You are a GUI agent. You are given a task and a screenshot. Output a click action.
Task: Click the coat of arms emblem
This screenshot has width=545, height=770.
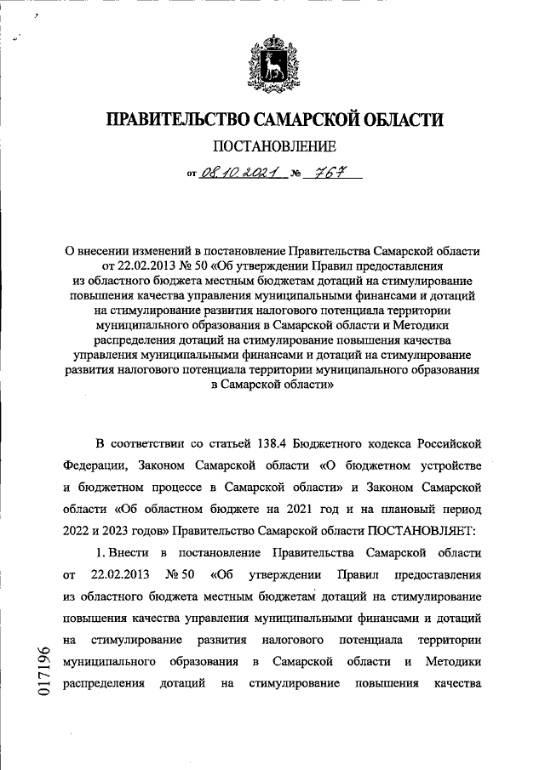pyautogui.click(x=272, y=60)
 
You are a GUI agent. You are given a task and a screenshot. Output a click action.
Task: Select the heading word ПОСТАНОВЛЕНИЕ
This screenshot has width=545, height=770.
pyautogui.click(x=272, y=146)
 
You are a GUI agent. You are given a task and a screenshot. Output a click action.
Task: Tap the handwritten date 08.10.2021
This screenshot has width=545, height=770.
pyautogui.click(x=238, y=173)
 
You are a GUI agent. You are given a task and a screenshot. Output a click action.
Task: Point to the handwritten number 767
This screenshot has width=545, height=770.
pyautogui.click(x=327, y=173)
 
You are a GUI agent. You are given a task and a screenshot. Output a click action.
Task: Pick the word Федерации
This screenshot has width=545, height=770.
pyautogui.click(x=94, y=466)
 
